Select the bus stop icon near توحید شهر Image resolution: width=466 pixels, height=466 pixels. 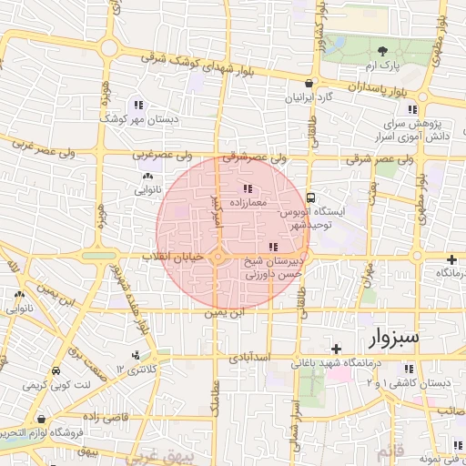click(x=311, y=197)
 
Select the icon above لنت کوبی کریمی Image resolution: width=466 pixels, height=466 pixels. click(x=56, y=372)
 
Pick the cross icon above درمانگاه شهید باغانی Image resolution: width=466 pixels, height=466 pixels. click(x=336, y=349)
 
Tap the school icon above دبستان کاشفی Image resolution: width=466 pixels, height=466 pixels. click(x=409, y=369)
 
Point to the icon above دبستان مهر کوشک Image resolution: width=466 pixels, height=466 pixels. click(x=138, y=104)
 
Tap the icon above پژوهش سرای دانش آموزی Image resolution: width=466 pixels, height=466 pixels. click(x=412, y=109)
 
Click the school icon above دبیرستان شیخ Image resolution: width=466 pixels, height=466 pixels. click(x=273, y=247)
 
